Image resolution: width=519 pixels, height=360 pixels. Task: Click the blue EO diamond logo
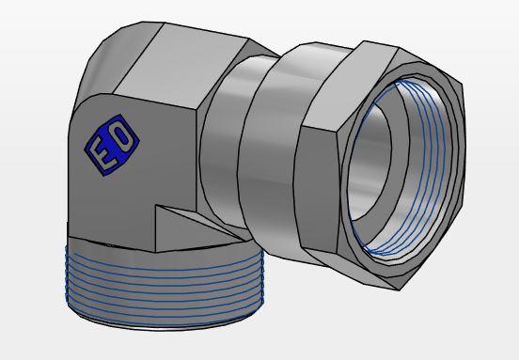112,145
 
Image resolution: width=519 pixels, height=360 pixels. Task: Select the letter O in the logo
122,135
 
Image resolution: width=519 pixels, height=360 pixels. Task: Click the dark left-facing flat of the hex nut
316,189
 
